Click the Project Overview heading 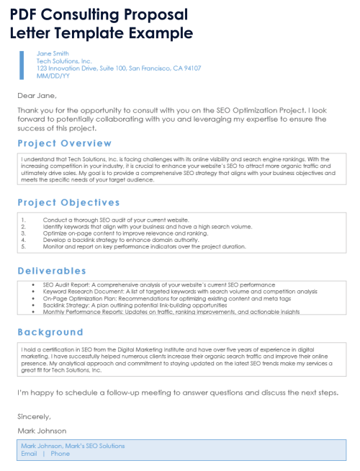pos(64,143)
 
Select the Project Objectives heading pos(68,202)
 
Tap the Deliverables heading pos(52,271)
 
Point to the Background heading pos(50,332)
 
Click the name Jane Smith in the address pos(53,53)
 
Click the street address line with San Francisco pos(119,68)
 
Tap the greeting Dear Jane pos(37,95)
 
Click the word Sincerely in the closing pos(35,416)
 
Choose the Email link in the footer pos(29,454)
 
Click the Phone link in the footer pos(60,454)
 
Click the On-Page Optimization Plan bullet pos(166,299)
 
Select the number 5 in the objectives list pos(24,246)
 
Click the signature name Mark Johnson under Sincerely pos(42,431)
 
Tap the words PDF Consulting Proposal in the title pos(99,14)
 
